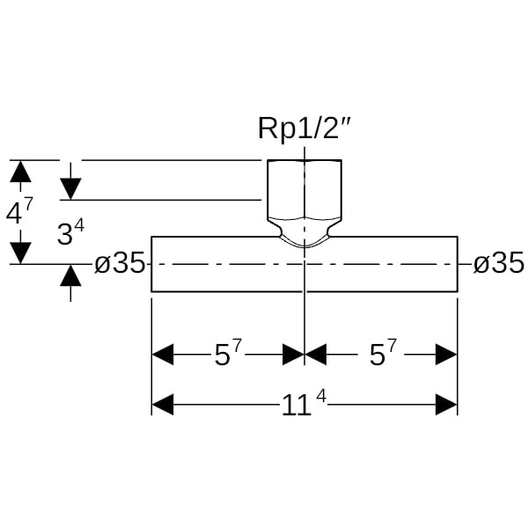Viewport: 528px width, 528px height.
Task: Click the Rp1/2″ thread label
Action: (x=304, y=128)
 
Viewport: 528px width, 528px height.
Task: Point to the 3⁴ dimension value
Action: (x=70, y=234)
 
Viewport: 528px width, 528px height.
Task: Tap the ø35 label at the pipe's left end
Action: (x=119, y=263)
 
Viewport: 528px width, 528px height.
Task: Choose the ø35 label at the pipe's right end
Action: (x=498, y=263)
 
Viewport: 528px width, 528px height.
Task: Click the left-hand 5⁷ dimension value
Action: (x=228, y=355)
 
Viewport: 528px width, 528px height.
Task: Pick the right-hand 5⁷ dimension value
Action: (x=381, y=355)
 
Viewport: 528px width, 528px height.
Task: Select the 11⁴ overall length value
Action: (x=304, y=405)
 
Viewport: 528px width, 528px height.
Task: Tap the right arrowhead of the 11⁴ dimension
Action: (x=446, y=405)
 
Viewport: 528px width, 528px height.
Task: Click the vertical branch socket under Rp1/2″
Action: (x=304, y=189)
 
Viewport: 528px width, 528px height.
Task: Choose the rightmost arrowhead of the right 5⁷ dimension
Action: (x=446, y=355)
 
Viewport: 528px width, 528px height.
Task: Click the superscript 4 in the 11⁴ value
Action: (x=321, y=397)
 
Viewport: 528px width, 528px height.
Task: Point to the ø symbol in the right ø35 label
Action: (x=481, y=264)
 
